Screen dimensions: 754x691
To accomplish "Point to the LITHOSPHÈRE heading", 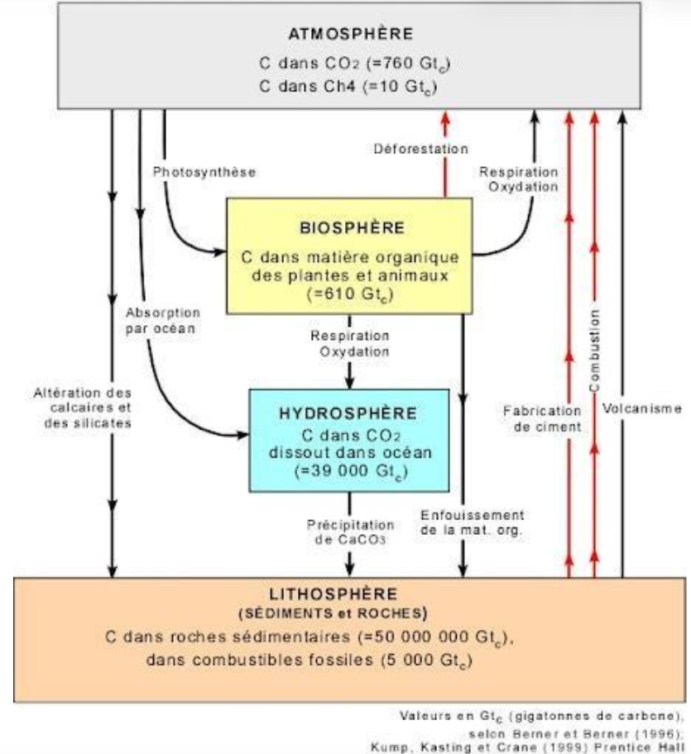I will [x=345, y=594].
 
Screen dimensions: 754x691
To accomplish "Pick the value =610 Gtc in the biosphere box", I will [x=348, y=293].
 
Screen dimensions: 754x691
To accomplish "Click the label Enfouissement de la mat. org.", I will [x=473, y=523].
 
